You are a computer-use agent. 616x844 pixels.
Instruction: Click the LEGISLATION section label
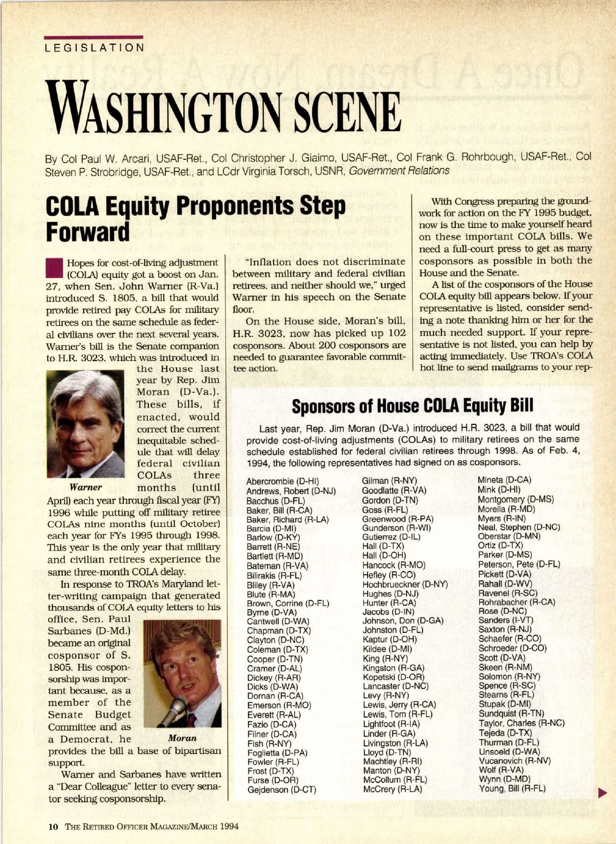click(x=94, y=48)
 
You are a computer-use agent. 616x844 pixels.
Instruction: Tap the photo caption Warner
click(x=86, y=487)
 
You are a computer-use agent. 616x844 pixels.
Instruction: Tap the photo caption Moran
click(x=182, y=738)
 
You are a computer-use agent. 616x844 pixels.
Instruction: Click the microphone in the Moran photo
click(x=172, y=709)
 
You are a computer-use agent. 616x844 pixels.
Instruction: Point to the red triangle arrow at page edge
click(x=603, y=794)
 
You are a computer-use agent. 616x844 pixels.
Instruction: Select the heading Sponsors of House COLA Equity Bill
click(x=412, y=406)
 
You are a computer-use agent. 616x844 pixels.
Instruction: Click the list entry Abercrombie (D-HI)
click(x=282, y=481)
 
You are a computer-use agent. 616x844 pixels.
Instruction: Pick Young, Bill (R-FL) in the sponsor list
click(x=512, y=789)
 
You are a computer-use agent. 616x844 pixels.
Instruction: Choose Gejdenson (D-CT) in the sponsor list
click(x=281, y=790)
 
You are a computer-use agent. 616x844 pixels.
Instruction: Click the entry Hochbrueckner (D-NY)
click(x=405, y=585)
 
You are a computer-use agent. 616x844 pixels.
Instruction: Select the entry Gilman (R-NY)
click(x=389, y=481)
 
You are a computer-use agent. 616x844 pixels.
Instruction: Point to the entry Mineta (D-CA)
click(x=504, y=480)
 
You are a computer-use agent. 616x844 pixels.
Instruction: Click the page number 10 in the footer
click(x=53, y=827)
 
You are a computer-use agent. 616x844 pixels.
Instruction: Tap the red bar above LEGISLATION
click(x=93, y=37)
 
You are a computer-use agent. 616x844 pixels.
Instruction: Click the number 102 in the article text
click(x=396, y=333)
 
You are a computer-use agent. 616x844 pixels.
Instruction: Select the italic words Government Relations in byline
click(x=399, y=171)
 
